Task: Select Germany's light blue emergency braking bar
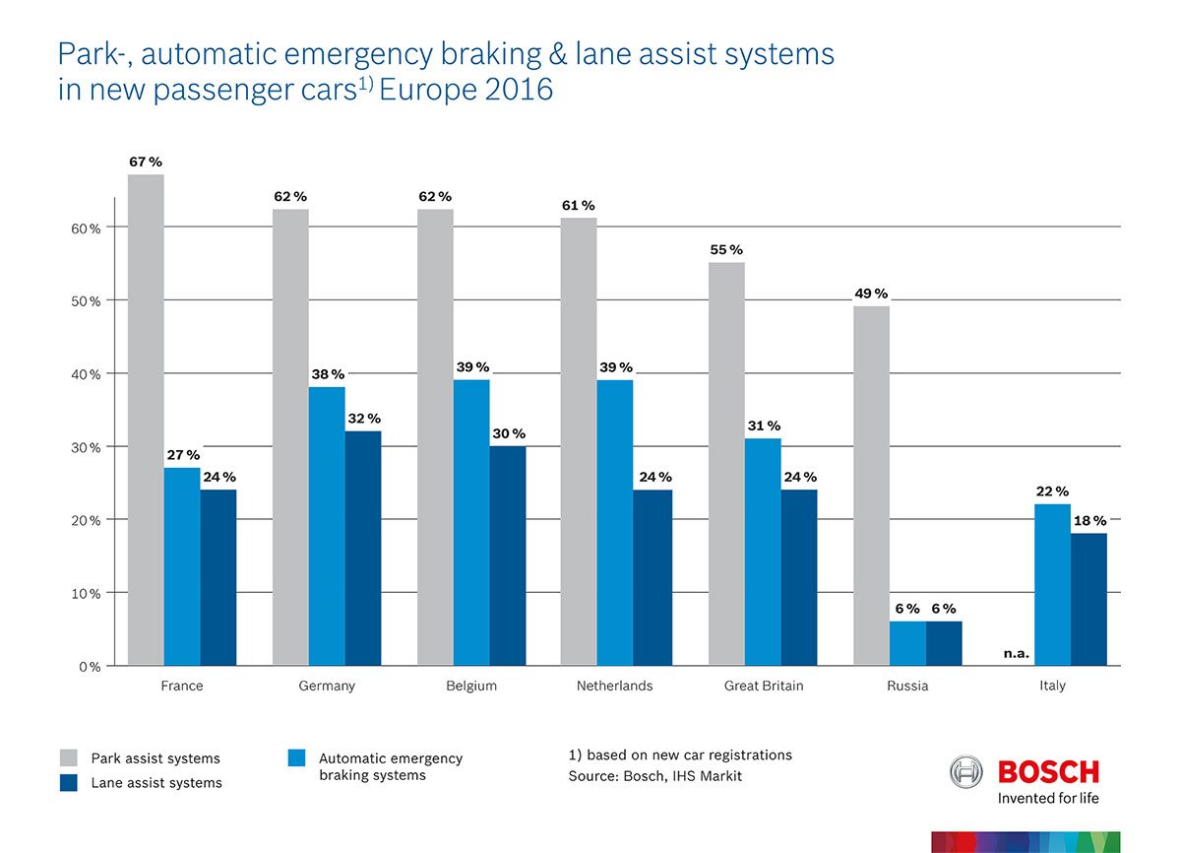pos(327,527)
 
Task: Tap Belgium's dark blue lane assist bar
pos(508,557)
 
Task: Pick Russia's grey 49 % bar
pos(871,487)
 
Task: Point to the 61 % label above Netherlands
pos(580,206)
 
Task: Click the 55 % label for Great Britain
pos(726,250)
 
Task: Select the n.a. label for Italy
pos(1016,653)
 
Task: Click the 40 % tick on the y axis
pos(89,374)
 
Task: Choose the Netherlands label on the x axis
pos(614,686)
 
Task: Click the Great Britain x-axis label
pos(763,686)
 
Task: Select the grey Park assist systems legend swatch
pos(68,757)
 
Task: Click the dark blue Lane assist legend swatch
pos(68,782)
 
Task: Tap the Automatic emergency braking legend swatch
pos(296,757)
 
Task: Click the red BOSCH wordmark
pos(1048,770)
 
